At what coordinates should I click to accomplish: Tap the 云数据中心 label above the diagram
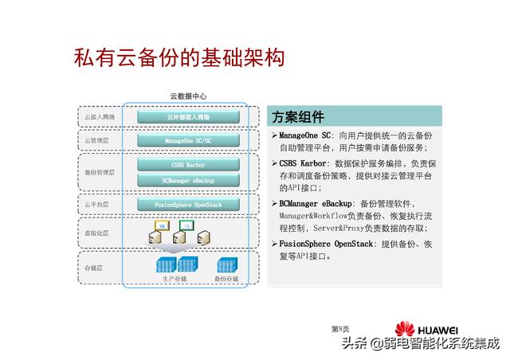coord(188,96)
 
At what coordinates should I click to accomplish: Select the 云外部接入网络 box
coord(188,117)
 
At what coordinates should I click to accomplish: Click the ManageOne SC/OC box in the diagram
coord(188,141)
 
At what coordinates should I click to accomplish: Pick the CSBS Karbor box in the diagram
coord(188,166)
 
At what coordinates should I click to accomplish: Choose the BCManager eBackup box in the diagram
coord(188,181)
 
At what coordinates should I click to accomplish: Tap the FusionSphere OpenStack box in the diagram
coord(188,205)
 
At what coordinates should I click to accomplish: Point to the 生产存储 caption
coord(175,280)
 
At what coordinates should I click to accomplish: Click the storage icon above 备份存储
coord(226,264)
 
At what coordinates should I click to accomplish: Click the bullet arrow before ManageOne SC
coord(274,136)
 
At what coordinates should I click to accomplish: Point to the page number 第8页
coord(340,328)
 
